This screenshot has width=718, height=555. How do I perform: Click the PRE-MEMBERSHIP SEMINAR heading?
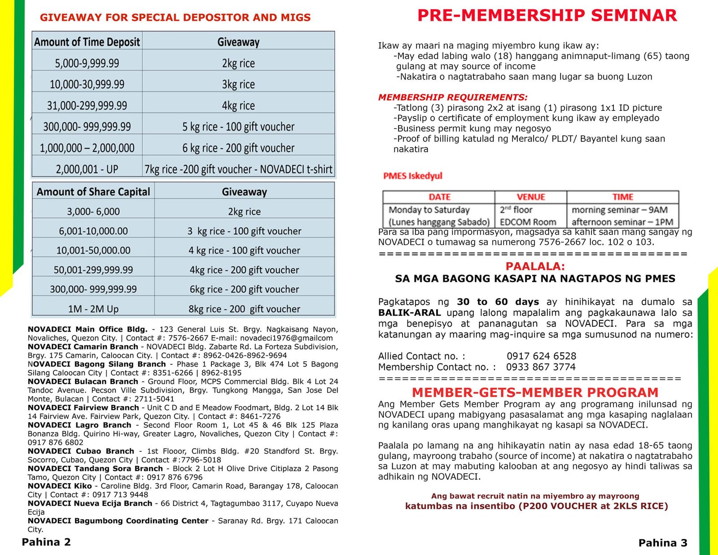pyautogui.click(x=547, y=16)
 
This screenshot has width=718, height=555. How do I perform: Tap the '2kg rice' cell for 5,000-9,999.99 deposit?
pyautogui.click(x=238, y=63)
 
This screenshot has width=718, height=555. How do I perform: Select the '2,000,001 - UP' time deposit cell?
pyautogui.click(x=87, y=169)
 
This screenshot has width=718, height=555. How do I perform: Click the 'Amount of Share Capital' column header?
pyautogui.click(x=93, y=192)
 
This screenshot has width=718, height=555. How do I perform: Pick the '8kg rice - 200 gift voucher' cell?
pyautogui.click(x=244, y=309)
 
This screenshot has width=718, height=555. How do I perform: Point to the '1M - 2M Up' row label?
pyautogui.click(x=93, y=309)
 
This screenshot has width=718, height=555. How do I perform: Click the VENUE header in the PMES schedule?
pyautogui.click(x=530, y=197)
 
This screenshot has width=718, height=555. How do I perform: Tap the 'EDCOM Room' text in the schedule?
pyautogui.click(x=528, y=222)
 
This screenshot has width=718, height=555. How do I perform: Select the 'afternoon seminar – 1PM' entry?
pyautogui.click(x=622, y=222)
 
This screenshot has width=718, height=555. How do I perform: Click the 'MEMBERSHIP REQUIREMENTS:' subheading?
pyautogui.click(x=453, y=97)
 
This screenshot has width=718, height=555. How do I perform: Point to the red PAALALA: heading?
pyautogui.click(x=535, y=267)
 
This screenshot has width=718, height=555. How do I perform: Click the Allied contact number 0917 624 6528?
pyautogui.click(x=541, y=356)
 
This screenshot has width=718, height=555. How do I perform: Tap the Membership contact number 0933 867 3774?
pyautogui.click(x=541, y=367)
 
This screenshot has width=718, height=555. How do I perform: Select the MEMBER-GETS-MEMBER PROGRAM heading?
pyautogui.click(x=535, y=393)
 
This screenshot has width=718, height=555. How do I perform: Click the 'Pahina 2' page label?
pyautogui.click(x=46, y=542)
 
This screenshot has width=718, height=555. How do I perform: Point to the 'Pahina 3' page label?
pyautogui.click(x=662, y=543)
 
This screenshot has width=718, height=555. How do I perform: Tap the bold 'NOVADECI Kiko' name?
pyautogui.click(x=60, y=486)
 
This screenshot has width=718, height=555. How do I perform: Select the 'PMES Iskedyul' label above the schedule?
pyautogui.click(x=412, y=176)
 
